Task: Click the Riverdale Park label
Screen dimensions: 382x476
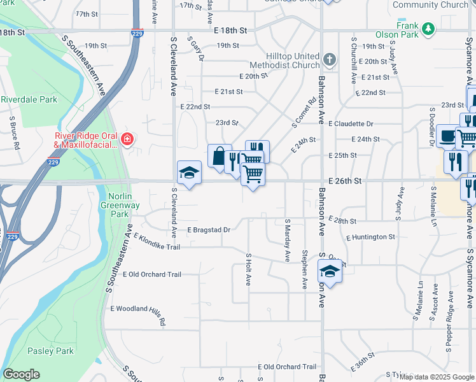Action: [29, 99]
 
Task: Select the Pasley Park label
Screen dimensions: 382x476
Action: [50, 351]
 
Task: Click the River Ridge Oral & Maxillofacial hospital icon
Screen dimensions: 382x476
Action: [128, 139]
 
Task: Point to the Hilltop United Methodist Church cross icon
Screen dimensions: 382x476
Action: [329, 60]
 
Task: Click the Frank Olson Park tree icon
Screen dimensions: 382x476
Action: [430, 29]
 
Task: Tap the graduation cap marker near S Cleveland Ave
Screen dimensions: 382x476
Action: [189, 173]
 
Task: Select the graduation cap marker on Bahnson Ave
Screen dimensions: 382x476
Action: [330, 271]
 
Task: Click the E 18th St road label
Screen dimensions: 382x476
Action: [230, 30]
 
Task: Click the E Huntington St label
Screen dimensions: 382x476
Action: [370, 237]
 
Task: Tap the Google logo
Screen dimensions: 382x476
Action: [21, 374]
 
